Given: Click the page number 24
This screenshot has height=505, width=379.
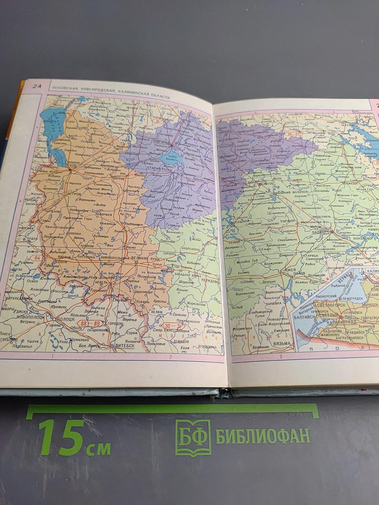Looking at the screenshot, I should [37, 86].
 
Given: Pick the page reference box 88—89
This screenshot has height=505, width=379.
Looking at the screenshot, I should [91, 323].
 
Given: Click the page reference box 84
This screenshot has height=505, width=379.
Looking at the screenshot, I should [37, 258].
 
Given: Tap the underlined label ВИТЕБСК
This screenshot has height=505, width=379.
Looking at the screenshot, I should [125, 346].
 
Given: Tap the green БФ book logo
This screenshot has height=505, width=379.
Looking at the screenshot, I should [193, 438].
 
